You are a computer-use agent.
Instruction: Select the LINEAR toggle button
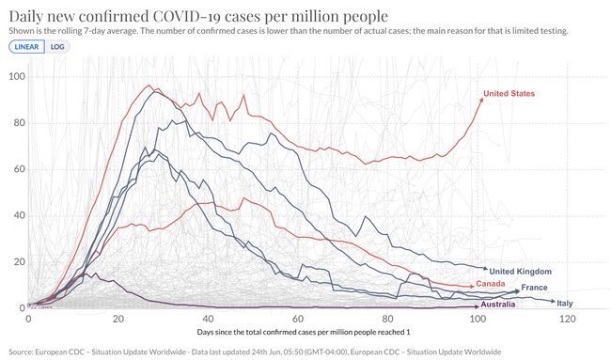(25, 46)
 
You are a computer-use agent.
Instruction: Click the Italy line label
(565, 303)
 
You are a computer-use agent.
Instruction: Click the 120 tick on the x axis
(566, 321)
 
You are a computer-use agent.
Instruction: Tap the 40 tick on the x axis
(208, 321)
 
